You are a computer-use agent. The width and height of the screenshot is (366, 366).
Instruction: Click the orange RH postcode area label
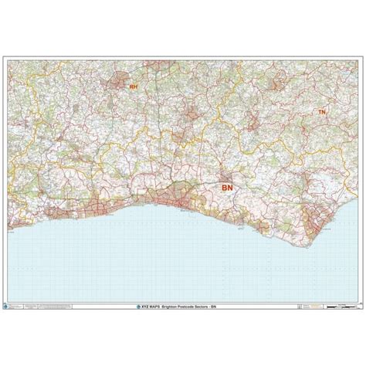(133, 88)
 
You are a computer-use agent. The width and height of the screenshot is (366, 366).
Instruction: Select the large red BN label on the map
(227, 188)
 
